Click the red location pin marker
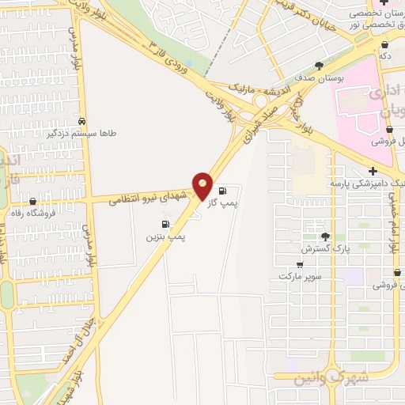click(202, 186)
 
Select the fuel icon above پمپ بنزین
click(165, 225)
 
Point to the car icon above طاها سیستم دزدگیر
click(82, 121)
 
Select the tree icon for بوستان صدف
click(319, 66)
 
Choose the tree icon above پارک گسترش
click(325, 237)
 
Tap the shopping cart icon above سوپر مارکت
click(299, 264)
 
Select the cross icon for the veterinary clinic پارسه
click(372, 171)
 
